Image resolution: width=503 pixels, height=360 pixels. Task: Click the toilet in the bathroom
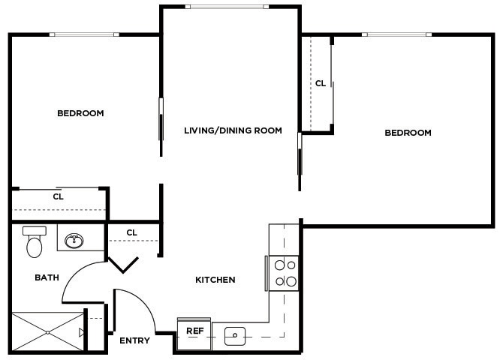(34, 241)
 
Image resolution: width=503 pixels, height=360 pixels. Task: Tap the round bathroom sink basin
(74, 241)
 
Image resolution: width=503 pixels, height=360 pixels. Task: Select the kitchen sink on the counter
(235, 336)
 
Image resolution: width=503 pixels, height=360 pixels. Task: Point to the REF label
(194, 331)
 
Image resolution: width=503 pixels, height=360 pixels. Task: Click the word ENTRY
(134, 340)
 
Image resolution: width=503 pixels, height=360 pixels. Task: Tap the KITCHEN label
(215, 280)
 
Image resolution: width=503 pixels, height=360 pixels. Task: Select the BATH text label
(47, 277)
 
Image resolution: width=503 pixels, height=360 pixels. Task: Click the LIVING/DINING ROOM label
(233, 130)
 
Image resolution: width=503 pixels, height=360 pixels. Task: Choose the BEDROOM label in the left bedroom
(80, 113)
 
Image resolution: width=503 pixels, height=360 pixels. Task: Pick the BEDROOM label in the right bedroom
(408, 133)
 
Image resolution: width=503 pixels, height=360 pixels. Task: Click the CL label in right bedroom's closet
(320, 83)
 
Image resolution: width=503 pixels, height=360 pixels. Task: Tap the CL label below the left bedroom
(58, 196)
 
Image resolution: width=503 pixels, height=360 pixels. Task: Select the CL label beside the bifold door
(131, 232)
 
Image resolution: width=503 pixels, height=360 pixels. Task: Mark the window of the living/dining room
(227, 7)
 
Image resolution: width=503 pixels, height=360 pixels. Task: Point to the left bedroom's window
(83, 34)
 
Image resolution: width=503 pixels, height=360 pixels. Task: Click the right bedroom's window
(396, 34)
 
